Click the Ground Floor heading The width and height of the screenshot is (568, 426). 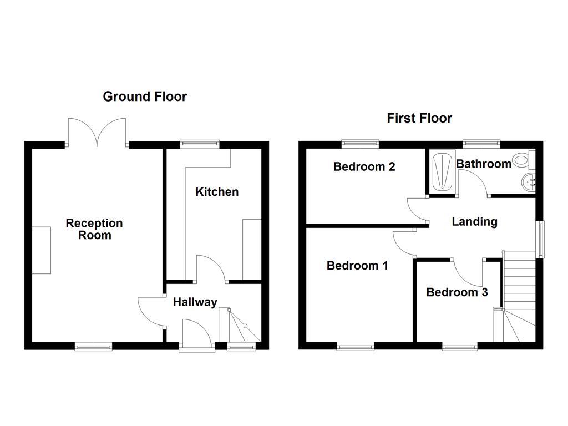tap(145, 97)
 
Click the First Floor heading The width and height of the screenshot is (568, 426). tap(419, 118)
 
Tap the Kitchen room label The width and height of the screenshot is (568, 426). tap(217, 192)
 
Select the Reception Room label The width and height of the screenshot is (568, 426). tap(94, 229)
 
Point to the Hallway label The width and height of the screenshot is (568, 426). tap(195, 302)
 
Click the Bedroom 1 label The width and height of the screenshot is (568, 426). tap(357, 266)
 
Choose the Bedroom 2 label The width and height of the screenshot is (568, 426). tap(364, 166)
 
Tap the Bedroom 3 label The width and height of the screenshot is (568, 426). tap(457, 292)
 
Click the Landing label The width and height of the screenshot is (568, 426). tap(474, 222)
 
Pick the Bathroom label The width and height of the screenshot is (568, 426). tap(483, 164)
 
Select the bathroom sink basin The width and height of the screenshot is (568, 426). tap(529, 181)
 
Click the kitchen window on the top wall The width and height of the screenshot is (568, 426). tap(200, 144)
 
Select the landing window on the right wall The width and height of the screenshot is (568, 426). tap(540, 239)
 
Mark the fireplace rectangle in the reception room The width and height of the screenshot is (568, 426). tap(42, 250)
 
